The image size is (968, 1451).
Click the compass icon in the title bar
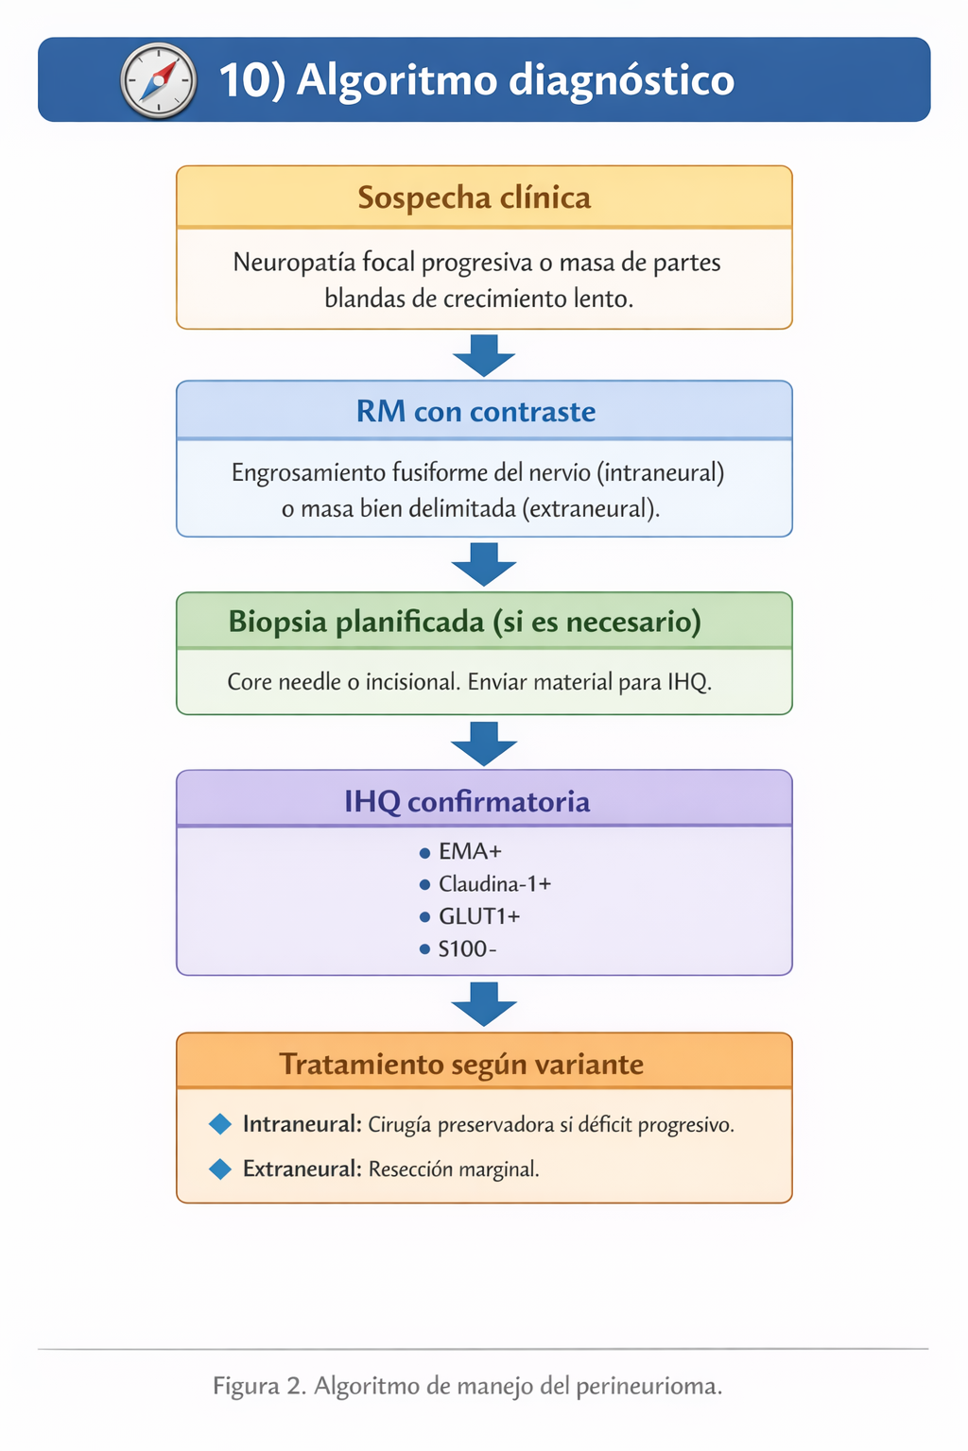click(x=159, y=81)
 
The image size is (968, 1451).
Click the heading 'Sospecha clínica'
click(x=474, y=197)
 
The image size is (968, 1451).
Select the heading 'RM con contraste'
click(x=475, y=412)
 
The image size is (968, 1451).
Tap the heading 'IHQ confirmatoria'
click(x=467, y=802)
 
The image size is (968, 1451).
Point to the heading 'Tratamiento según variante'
click(x=461, y=1065)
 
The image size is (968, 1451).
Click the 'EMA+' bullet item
click(x=470, y=852)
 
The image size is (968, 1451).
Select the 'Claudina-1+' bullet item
click(x=494, y=884)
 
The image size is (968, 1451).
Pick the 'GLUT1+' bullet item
click(x=479, y=916)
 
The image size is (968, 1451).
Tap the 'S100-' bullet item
click(x=467, y=949)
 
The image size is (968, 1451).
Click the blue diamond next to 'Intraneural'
click(x=220, y=1124)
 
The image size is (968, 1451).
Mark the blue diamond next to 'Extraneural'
click(x=220, y=1169)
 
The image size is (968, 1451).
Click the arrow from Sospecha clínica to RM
click(x=484, y=355)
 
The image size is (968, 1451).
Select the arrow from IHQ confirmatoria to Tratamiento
click(x=484, y=1004)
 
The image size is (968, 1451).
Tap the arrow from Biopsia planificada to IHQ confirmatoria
click(x=484, y=743)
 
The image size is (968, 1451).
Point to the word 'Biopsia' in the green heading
click(x=277, y=622)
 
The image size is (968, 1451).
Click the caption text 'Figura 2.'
click(x=259, y=1386)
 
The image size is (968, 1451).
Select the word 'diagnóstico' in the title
click(x=621, y=80)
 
